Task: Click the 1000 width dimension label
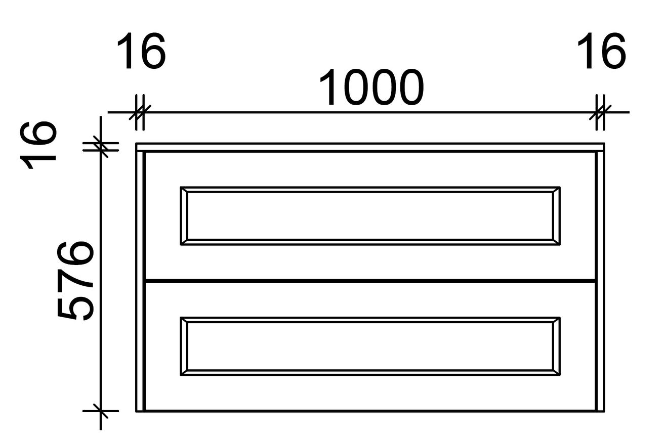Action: point(371,87)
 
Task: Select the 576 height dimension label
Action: point(75,281)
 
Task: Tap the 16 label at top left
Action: point(141,51)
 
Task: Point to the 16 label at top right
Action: point(601,51)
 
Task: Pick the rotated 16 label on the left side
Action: point(38,145)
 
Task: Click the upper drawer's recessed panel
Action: point(370,216)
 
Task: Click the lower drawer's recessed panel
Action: point(370,346)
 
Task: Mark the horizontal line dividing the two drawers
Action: point(370,280)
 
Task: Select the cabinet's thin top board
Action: point(370,147)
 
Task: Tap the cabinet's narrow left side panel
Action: point(140,281)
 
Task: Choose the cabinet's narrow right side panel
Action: point(600,281)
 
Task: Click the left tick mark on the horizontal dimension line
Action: point(140,112)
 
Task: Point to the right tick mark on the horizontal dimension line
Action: point(600,112)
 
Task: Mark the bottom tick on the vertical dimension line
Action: point(101,411)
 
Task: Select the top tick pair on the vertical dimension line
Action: point(101,147)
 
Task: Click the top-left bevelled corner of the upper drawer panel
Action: point(184,190)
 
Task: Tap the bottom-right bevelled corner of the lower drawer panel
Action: point(556,373)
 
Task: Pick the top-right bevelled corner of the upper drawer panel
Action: point(556,190)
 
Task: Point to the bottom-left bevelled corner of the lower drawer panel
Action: point(184,373)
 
